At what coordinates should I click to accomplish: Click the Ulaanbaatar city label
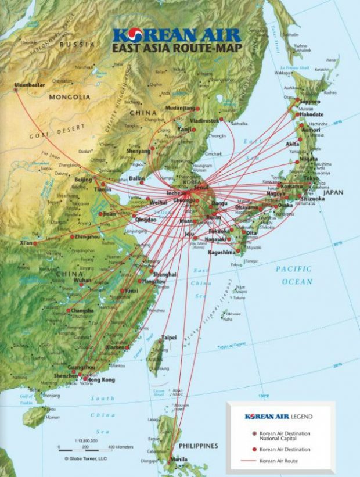pyautogui.click(x=29, y=85)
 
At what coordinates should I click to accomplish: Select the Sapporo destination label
pyautogui.click(x=310, y=102)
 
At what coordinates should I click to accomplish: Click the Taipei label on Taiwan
pyautogui.click(x=168, y=337)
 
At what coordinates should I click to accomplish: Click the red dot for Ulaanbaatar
pyautogui.click(x=16, y=89)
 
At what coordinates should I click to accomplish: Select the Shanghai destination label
pyautogui.click(x=164, y=274)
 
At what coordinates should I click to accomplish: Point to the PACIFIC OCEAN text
pyautogui.click(x=294, y=275)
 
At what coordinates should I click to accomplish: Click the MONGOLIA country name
pyautogui.click(x=70, y=97)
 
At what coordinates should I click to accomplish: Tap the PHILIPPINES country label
pyautogui.click(x=198, y=446)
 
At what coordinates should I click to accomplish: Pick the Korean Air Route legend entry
pyautogui.click(x=280, y=461)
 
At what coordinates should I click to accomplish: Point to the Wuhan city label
pyautogui.click(x=82, y=280)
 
